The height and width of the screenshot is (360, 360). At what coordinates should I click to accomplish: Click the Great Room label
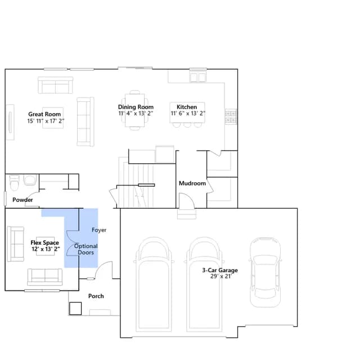pos(44,114)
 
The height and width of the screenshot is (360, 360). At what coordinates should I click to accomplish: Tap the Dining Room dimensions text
pos(136,114)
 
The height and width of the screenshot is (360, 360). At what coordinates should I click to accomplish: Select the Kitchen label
pos(187,107)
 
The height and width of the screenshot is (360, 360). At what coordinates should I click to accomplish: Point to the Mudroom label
pos(192,183)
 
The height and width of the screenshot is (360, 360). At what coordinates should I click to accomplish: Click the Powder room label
pos(22,200)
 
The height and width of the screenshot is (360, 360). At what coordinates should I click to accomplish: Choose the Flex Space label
pos(44,242)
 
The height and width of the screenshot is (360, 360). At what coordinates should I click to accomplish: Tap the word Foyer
pos(99,230)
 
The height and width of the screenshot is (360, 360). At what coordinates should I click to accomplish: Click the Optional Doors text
pos(86,249)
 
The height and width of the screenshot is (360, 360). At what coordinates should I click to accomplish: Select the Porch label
pos(96,296)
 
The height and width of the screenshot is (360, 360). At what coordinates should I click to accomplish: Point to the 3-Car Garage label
pos(220,270)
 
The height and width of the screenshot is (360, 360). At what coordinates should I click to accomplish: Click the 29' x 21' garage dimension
pos(221,276)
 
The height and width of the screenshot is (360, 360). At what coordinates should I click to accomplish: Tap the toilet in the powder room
pos(14,183)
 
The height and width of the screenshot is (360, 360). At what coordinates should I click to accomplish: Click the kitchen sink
pos(197,77)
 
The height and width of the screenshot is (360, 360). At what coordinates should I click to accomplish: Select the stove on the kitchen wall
pos(231,116)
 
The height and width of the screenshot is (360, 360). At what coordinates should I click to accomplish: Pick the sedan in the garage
pos(265,272)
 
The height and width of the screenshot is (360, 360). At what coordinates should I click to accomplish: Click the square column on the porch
pos(75,308)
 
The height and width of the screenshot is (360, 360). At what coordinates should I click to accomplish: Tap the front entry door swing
pos(103,270)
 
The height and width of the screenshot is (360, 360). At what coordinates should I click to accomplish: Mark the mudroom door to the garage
pos(187,201)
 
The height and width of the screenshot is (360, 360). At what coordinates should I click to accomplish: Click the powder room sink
pos(30,180)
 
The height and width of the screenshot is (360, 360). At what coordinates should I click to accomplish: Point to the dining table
pos(135,110)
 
